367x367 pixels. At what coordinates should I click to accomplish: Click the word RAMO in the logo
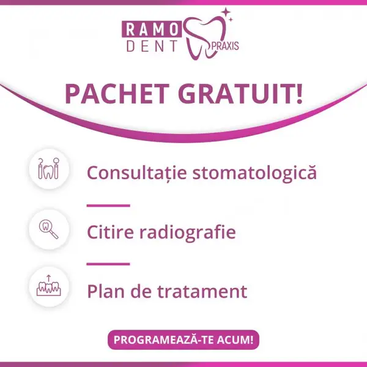(x=152, y=29)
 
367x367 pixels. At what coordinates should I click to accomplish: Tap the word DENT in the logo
(x=152, y=46)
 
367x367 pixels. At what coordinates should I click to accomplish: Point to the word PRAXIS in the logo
(x=225, y=46)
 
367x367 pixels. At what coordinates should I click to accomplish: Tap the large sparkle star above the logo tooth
(x=226, y=12)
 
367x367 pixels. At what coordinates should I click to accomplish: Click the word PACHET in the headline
(x=117, y=94)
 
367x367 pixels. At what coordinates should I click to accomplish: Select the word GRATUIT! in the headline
(x=240, y=94)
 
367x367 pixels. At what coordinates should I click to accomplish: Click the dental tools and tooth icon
(x=49, y=169)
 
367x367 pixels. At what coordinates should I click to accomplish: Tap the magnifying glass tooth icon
(x=49, y=229)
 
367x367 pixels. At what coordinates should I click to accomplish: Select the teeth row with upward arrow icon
(x=49, y=286)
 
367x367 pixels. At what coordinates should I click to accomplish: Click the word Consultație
(x=137, y=172)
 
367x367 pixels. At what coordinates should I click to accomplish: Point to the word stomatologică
(x=254, y=172)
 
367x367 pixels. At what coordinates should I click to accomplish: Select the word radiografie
(x=188, y=232)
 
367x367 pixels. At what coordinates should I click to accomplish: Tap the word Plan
(x=106, y=291)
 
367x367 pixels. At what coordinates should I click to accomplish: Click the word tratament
(x=202, y=292)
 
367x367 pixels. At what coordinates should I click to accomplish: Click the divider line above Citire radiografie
(x=108, y=206)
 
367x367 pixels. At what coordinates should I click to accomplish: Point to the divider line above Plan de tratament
(x=108, y=264)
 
